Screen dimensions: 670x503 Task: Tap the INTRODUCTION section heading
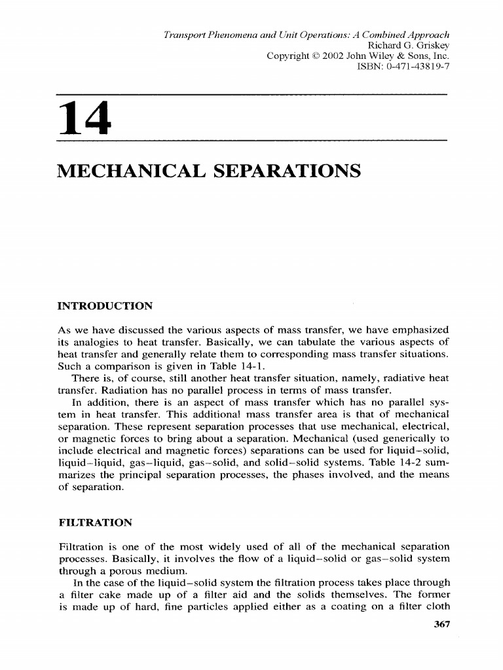(105, 306)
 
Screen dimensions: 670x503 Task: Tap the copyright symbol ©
(305, 56)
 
